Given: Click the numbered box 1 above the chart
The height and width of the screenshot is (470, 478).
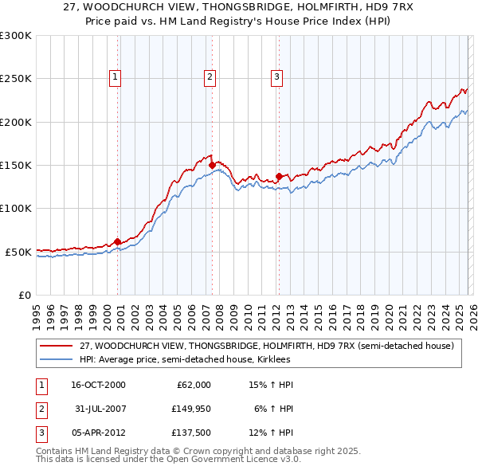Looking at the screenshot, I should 116,77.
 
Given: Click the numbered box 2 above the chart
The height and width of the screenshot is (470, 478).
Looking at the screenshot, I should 210,77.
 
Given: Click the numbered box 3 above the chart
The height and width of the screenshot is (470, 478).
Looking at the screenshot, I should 276,77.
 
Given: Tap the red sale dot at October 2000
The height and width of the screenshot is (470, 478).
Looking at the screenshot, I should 117,241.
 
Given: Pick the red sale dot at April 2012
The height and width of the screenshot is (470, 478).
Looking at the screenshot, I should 279,176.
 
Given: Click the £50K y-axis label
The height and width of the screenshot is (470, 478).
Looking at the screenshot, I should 18,252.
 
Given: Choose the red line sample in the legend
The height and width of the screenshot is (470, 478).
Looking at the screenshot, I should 57,346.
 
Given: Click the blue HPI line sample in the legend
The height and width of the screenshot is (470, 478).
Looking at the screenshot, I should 57,359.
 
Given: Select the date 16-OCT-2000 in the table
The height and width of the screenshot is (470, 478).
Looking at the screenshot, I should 97,385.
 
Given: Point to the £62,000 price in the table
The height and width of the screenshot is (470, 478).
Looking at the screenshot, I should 191,385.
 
